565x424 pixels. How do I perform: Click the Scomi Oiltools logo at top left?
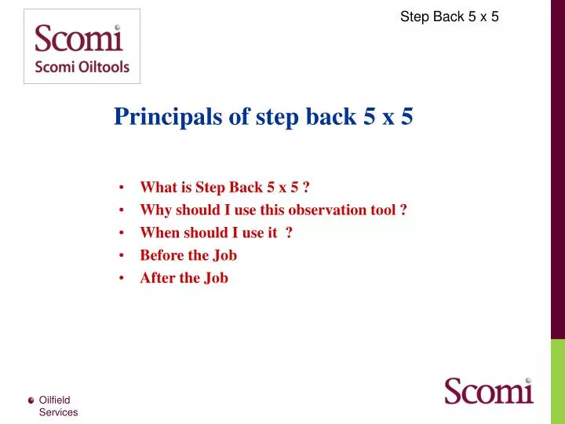pyautogui.click(x=82, y=46)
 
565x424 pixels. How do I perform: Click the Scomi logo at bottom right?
pyautogui.click(x=488, y=390)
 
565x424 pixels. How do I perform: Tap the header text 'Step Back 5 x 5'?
pyautogui.click(x=449, y=16)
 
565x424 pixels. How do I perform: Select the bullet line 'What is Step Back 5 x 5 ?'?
pyautogui.click(x=224, y=187)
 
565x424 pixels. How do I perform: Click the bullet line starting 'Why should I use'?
pyautogui.click(x=272, y=210)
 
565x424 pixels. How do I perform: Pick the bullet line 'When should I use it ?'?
pyautogui.click(x=216, y=232)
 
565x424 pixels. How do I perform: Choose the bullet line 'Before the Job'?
pyautogui.click(x=188, y=255)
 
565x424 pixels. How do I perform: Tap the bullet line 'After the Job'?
pyautogui.click(x=184, y=278)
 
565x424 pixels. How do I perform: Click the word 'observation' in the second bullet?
pyautogui.click(x=326, y=210)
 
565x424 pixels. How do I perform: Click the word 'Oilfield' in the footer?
pyautogui.click(x=55, y=400)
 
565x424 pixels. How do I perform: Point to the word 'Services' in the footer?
pyautogui.click(x=58, y=412)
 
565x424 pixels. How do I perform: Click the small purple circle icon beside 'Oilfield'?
pyautogui.click(x=31, y=400)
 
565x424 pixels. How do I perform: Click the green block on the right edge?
pyautogui.click(x=557, y=381)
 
